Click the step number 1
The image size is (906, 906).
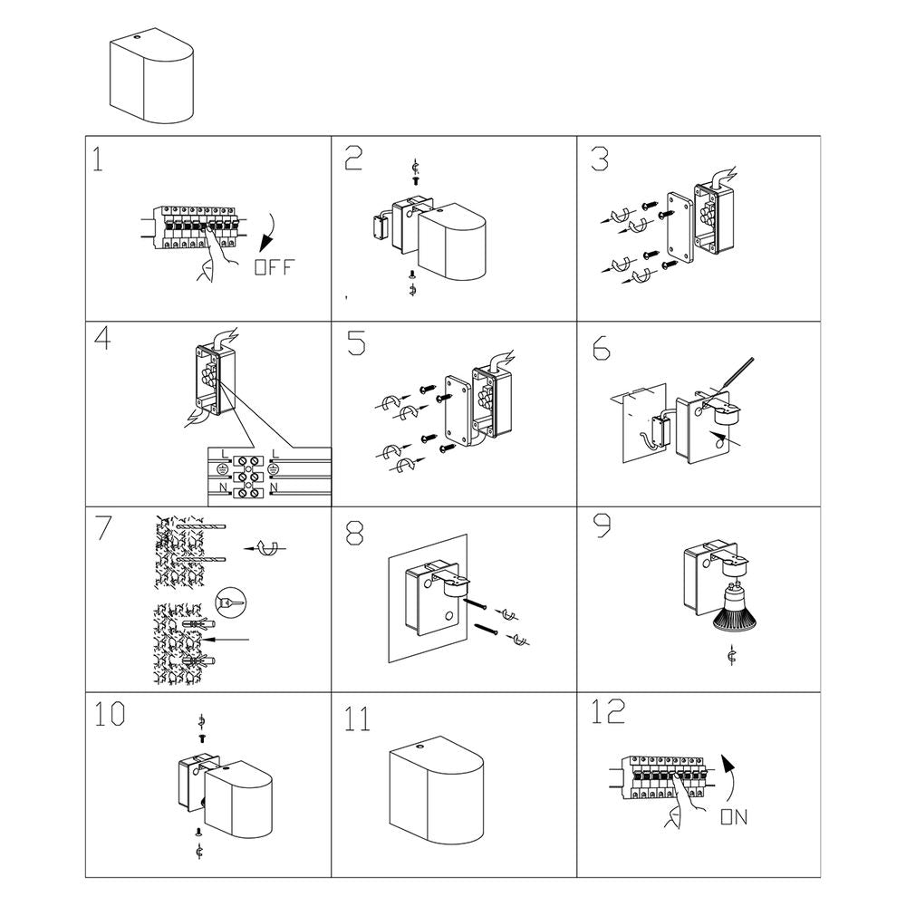click(99, 159)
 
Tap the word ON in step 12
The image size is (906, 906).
click(733, 817)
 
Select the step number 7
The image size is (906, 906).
click(101, 529)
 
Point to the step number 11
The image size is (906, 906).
click(358, 719)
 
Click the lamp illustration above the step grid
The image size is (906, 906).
click(152, 77)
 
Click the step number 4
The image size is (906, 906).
click(102, 341)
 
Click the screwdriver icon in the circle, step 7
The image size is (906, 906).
click(230, 602)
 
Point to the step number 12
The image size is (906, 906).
click(607, 712)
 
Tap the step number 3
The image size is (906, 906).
click(600, 159)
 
